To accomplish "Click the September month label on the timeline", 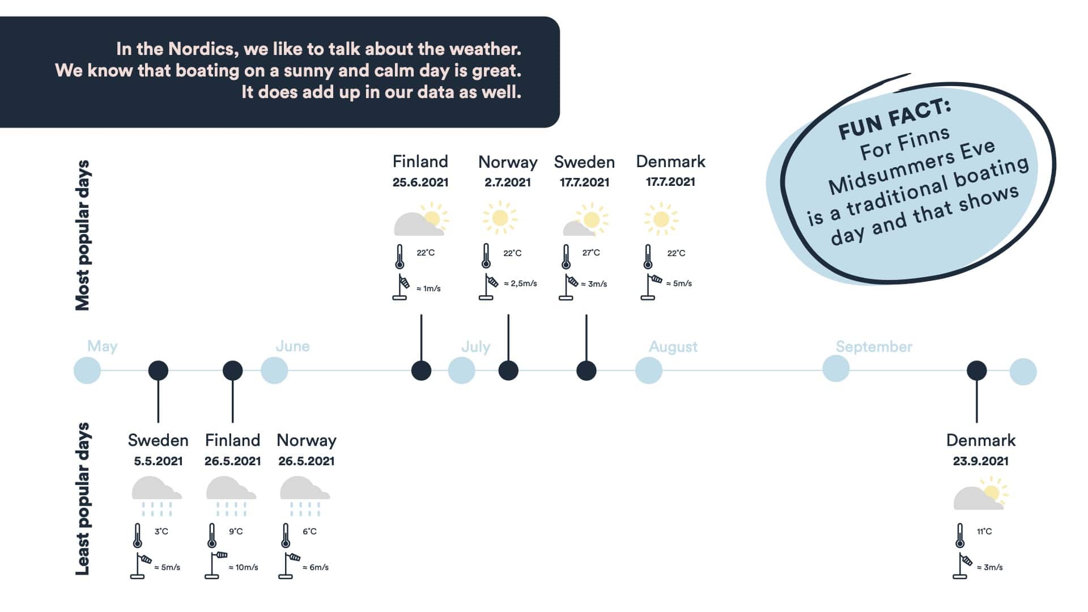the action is point(874,347).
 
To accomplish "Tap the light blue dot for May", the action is point(87,371).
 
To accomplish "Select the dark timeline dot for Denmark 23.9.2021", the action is point(976,371).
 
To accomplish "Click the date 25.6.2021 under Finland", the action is point(420,182).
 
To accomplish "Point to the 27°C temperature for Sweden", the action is point(591,253).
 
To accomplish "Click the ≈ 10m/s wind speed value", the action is point(243,567).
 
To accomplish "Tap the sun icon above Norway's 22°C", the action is point(500,218).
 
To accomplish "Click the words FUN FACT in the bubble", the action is point(894,118).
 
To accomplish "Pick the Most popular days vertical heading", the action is point(83,235).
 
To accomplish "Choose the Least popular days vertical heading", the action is point(83,499).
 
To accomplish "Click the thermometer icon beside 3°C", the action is point(138,535).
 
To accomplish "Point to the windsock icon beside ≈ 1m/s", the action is point(401,287).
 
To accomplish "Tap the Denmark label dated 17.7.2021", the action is point(670,161).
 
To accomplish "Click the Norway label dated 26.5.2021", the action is point(307,440).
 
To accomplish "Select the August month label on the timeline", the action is point(673,347).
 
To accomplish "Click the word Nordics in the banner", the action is point(202,49).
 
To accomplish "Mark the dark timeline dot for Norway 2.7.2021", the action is point(508,371).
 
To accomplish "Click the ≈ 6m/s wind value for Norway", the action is point(316,567).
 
